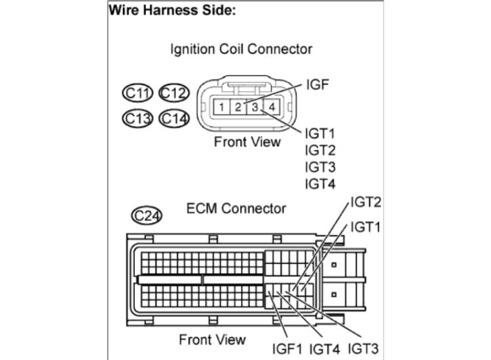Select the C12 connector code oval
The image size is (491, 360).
point(173,94)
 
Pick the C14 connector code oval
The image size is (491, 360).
point(173,118)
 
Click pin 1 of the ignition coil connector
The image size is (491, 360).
point(223,106)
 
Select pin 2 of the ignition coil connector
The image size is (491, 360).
point(240,106)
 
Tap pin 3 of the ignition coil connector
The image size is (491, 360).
point(256,106)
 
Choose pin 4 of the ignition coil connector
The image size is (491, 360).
point(272,106)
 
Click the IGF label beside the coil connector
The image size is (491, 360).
point(317,85)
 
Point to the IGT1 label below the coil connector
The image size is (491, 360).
point(320,134)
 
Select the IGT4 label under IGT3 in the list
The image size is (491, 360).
point(320,184)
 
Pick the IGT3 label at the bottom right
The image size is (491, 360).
point(363,348)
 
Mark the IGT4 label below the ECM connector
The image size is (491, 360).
point(326,348)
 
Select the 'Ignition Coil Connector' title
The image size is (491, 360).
point(241,49)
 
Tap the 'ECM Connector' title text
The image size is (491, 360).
point(236,209)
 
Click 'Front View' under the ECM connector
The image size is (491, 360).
point(213,339)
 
